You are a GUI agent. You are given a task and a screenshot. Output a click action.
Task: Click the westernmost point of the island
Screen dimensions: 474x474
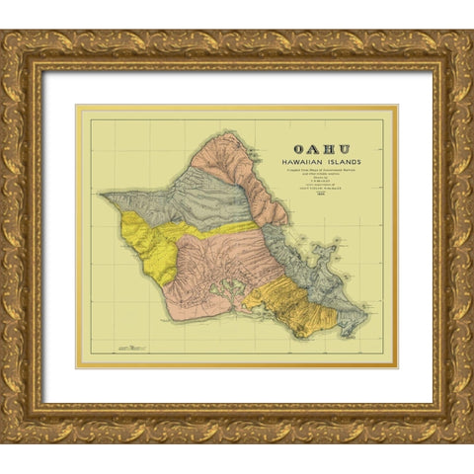point(101,193)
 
